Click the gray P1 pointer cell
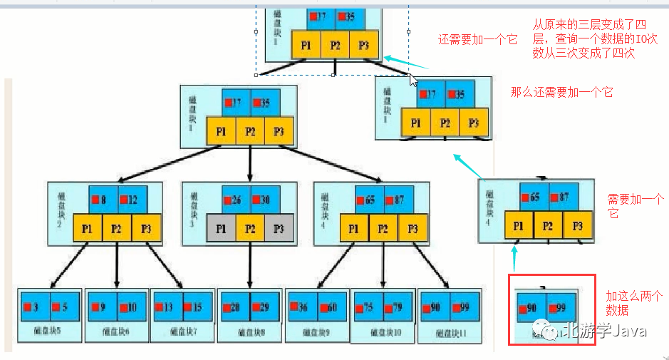[221, 228]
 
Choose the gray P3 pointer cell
[279, 228]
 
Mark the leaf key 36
[301, 307]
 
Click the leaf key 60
[331, 307]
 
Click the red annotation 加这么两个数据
[634, 303]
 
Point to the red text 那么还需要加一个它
[561, 92]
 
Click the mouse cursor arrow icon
[413, 78]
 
